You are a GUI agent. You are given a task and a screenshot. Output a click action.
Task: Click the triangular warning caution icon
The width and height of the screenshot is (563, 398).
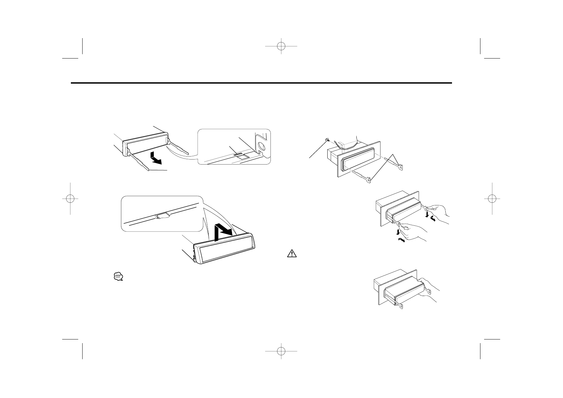(292, 254)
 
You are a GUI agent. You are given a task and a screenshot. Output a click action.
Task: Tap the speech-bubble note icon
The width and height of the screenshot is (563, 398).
(118, 277)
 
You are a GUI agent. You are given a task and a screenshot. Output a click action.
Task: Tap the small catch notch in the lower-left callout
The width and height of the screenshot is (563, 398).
(162, 215)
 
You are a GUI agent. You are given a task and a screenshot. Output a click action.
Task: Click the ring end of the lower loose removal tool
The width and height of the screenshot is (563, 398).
(368, 181)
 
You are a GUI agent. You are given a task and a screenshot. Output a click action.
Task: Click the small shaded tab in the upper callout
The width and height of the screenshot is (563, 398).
(239, 155)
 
